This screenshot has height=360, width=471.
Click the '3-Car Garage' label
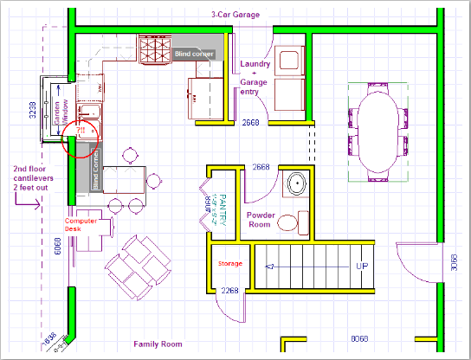pos(236,15)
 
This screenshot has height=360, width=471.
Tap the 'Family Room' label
pos(157,344)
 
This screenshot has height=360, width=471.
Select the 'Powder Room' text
pos(261,220)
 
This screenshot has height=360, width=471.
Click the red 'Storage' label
pos(229,262)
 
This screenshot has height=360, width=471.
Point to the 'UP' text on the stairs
pos(365,266)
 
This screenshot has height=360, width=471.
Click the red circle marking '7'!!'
pos(81,138)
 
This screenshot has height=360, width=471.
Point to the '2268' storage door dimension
pos(229,291)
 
